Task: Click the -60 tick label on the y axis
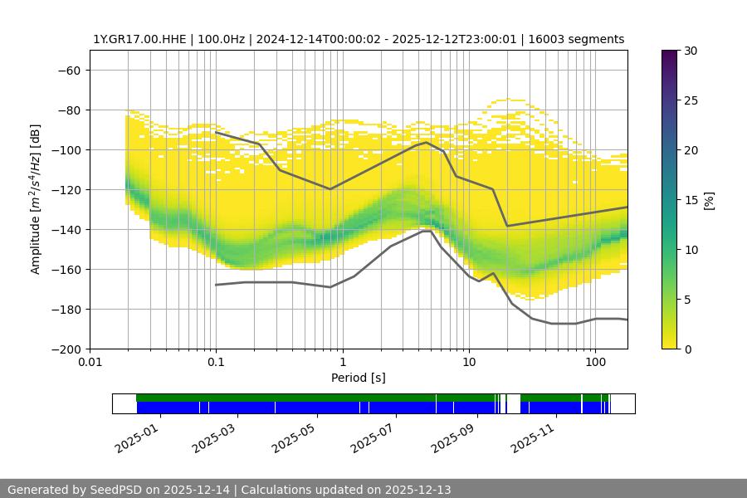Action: click(69, 70)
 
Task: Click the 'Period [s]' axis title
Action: click(359, 378)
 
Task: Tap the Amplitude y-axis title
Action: click(36, 199)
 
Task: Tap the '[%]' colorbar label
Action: click(709, 200)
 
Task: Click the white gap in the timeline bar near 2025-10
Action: click(514, 403)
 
